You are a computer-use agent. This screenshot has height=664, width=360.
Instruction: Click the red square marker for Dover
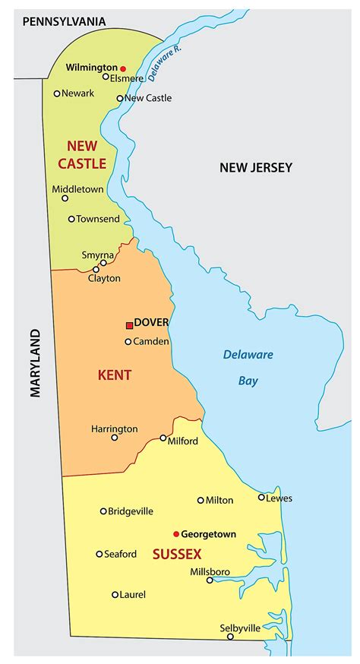[129, 325]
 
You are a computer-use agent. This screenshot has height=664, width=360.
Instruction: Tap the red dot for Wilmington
[123, 68]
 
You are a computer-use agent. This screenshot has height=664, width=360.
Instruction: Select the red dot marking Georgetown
[176, 534]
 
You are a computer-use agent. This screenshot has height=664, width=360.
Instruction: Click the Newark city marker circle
[57, 93]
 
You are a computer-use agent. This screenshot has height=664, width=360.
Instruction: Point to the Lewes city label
[279, 498]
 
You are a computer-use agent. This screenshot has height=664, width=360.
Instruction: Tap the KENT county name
[115, 375]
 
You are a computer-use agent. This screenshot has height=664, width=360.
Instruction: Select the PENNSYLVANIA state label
[64, 22]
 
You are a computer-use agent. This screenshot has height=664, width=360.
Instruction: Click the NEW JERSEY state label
[256, 167]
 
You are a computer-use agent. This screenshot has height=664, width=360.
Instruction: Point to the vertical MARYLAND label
[35, 362]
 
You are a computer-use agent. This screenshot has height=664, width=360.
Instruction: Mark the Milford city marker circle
[163, 438]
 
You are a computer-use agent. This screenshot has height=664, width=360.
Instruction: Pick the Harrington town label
[114, 428]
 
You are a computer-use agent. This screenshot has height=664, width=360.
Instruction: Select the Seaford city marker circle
[99, 554]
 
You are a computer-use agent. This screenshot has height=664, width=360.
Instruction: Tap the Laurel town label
[132, 594]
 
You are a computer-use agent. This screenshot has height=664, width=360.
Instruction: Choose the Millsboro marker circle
[210, 580]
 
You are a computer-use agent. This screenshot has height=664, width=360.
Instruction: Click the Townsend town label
[98, 219]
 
